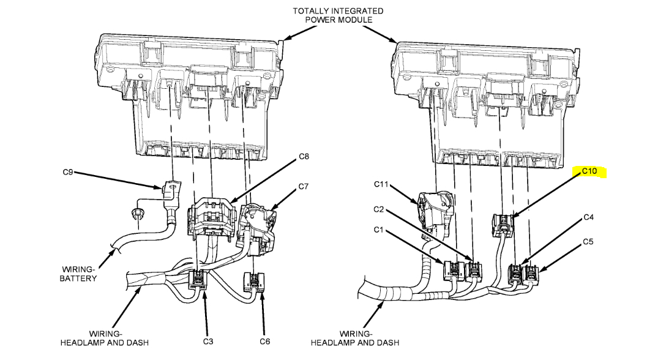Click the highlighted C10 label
pyautogui.click(x=588, y=171)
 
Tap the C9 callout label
pyautogui.click(x=68, y=173)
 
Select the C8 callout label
pyautogui.click(x=304, y=157)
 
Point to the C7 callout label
pyautogui.click(x=302, y=186)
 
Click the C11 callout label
pyautogui.click(x=383, y=184)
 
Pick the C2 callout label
pyautogui.click(x=380, y=209)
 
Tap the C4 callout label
pyautogui.click(x=588, y=217)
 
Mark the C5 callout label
pyautogui.click(x=588, y=241)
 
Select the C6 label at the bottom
pyautogui.click(x=264, y=340)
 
